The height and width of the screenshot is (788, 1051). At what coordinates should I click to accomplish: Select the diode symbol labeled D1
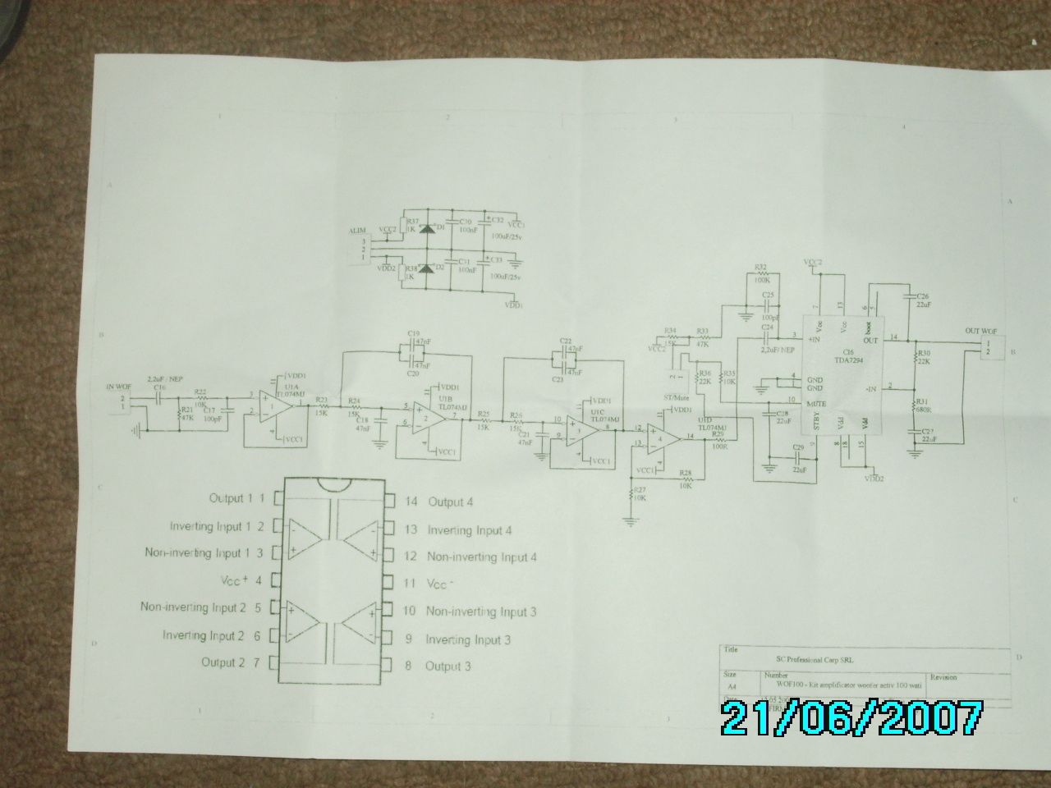pos(426,228)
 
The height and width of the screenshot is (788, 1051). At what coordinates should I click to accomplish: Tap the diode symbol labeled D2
pos(426,268)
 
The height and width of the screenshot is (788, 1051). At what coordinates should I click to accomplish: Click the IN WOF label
pos(118,386)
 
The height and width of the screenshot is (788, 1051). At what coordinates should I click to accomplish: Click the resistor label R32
pos(760,268)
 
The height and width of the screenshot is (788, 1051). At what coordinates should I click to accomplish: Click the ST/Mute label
pos(674,399)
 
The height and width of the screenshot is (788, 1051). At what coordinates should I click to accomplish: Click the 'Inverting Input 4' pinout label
pos(470,530)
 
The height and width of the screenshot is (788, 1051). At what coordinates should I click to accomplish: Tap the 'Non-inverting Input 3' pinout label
pos(481,612)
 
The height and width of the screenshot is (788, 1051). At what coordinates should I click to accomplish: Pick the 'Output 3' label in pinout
pos(447,667)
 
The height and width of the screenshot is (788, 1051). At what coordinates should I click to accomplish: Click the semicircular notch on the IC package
pos(331,484)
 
